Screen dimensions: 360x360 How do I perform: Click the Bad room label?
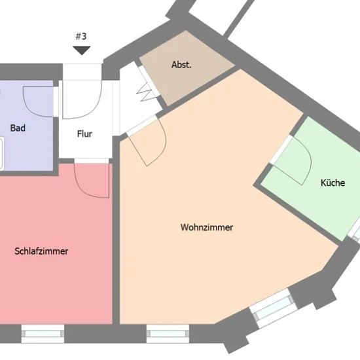(18, 128)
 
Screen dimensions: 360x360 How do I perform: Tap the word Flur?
(84, 134)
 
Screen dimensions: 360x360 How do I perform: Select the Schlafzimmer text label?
(41, 251)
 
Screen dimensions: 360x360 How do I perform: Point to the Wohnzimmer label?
(207, 227)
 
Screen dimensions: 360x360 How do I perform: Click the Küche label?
(333, 183)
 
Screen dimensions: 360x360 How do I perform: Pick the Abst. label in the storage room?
(181, 65)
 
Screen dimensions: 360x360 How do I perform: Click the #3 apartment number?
(81, 36)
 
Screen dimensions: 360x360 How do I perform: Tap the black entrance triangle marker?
(82, 50)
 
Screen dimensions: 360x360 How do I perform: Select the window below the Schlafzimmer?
(43, 334)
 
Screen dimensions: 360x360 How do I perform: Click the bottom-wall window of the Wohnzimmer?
(168, 334)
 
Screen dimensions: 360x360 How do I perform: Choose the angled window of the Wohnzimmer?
(273, 308)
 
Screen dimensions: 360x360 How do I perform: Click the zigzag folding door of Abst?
(145, 92)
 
